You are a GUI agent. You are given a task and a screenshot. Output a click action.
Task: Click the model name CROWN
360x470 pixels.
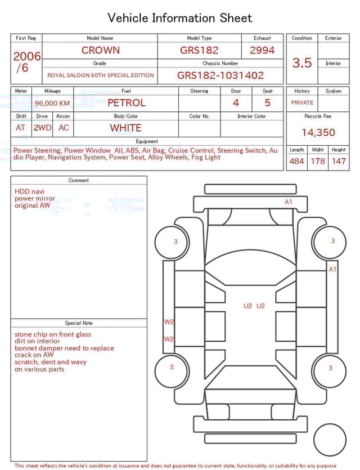[100, 50]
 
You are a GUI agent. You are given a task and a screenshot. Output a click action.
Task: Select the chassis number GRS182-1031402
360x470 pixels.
[220, 75]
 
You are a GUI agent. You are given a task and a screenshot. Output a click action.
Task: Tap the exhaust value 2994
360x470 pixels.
[262, 50]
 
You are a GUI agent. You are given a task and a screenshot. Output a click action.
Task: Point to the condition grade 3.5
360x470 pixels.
[301, 63]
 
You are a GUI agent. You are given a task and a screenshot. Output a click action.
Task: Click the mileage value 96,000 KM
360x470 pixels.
[52, 103]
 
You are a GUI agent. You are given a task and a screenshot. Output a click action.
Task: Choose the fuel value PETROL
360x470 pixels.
[126, 102]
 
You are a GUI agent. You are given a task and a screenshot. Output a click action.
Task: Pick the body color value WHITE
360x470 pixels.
[125, 128]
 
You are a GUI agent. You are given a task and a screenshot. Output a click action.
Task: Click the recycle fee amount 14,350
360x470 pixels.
[318, 133]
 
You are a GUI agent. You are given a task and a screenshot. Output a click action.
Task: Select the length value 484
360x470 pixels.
[296, 162]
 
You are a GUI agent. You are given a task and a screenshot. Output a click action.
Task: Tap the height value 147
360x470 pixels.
[338, 162]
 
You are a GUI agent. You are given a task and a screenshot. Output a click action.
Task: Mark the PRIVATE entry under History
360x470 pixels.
[302, 103]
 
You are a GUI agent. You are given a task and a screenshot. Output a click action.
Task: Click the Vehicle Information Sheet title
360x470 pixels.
[179, 18]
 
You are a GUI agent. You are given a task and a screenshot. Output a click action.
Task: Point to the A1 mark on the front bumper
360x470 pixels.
[289, 202]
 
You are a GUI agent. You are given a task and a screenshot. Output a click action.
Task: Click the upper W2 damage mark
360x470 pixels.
[169, 322]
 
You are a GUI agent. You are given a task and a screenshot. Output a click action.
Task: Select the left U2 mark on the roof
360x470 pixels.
[248, 306]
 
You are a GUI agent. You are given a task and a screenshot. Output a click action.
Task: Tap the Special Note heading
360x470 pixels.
[79, 323]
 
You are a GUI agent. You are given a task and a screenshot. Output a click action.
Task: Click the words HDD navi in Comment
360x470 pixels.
[29, 191]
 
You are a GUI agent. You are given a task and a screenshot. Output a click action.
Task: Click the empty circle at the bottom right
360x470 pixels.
[330, 440]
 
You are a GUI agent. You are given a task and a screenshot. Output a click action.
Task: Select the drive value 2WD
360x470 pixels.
[42, 128]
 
